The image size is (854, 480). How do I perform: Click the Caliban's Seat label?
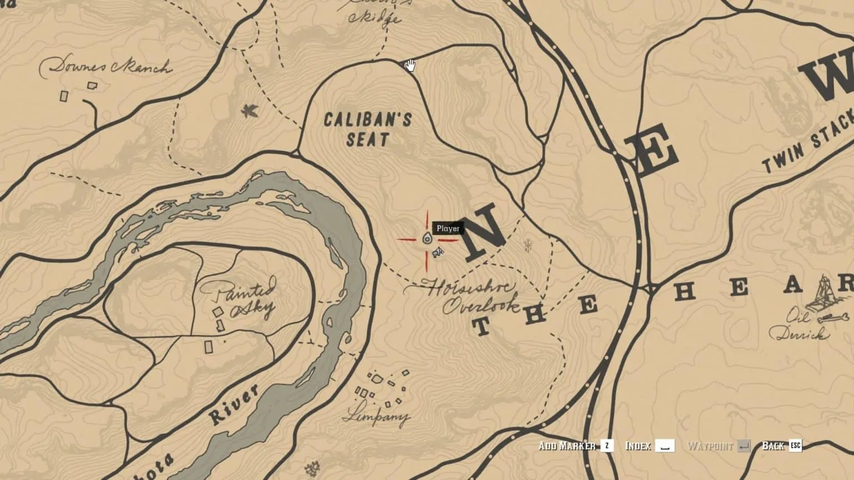(368, 129)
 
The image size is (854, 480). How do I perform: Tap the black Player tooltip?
(448, 228)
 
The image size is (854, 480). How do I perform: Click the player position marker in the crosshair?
(427, 239)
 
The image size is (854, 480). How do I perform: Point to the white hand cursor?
(410, 66)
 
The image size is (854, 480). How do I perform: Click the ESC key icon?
(796, 445)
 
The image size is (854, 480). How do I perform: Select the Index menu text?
(638, 446)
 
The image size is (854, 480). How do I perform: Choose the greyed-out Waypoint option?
(710, 446)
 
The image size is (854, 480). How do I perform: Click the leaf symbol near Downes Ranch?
(249, 111)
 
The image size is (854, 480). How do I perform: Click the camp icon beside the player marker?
(438, 253)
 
